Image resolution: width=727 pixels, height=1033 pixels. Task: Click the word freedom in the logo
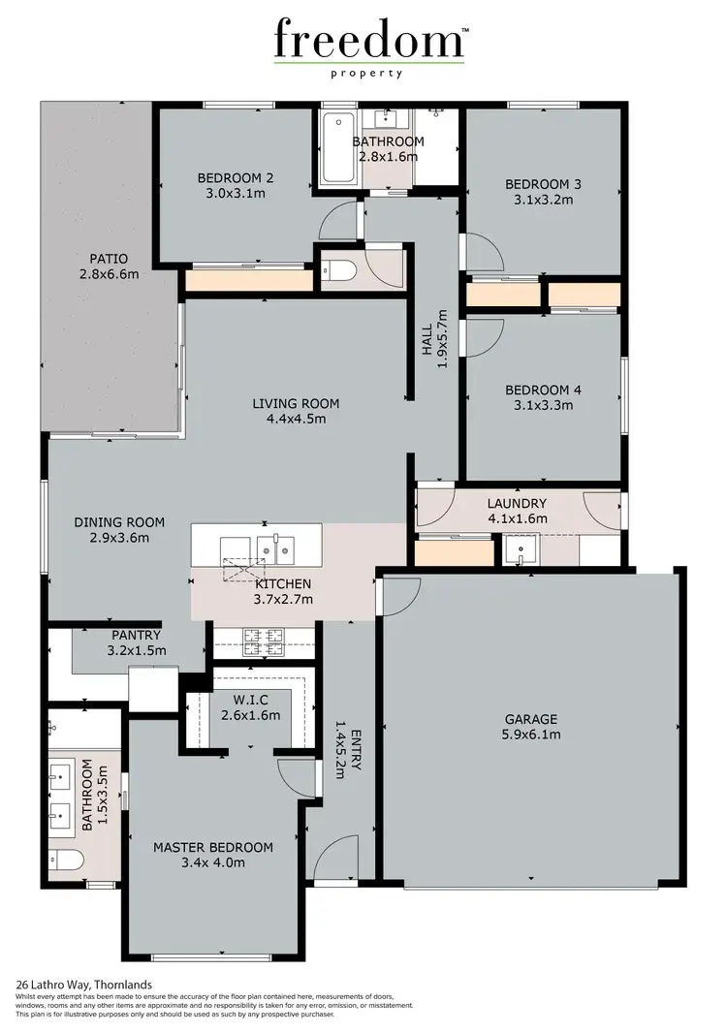369,41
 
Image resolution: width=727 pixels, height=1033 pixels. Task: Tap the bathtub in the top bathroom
338,147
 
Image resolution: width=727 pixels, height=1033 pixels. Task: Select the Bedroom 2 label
236,177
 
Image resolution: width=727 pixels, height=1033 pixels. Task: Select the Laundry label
517,503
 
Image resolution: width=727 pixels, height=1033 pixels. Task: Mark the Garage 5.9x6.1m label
530,727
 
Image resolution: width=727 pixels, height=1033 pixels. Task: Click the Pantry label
137,636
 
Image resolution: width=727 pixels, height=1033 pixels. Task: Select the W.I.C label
250,701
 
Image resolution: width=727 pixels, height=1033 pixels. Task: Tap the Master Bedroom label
213,847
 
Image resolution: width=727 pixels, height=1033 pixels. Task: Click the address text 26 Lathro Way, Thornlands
83,985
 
